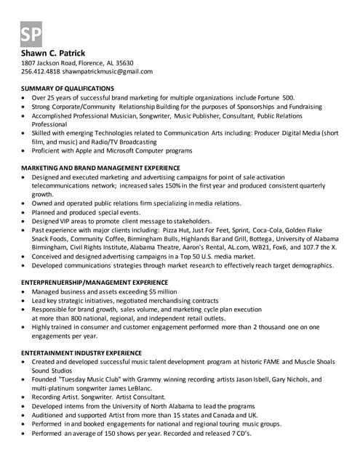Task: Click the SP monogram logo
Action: [31, 33]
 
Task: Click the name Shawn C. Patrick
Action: [53, 53]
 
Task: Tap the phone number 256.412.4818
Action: [40, 72]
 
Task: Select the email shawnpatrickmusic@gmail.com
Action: [108, 72]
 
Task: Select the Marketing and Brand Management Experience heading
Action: [101, 168]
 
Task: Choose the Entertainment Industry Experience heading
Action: [81, 352]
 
